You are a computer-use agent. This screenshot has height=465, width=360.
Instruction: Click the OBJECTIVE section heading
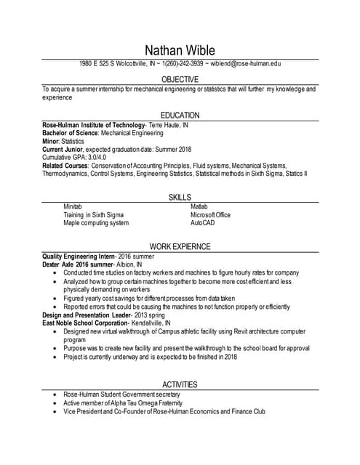click(180, 79)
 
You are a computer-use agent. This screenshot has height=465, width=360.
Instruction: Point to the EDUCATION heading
click(180, 116)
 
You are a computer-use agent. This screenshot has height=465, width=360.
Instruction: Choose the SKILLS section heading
click(180, 198)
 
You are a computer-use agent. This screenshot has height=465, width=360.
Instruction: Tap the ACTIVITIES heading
click(180, 384)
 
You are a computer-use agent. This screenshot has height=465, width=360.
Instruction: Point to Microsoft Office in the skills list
click(210, 215)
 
